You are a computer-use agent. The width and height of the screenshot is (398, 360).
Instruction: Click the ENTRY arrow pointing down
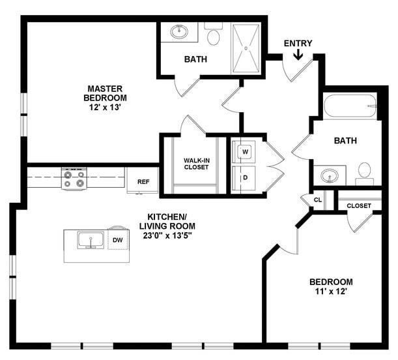pos(298,55)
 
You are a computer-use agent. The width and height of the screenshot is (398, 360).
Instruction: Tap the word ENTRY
pos(298,44)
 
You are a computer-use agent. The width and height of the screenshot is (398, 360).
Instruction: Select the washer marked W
pos(246,152)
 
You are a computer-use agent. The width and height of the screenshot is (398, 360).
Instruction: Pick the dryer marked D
pos(246,177)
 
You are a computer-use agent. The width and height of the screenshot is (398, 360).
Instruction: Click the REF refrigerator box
pos(142,181)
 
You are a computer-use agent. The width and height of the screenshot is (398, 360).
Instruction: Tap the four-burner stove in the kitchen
pos(74,178)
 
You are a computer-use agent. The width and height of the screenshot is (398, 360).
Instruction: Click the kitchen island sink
pos(90,240)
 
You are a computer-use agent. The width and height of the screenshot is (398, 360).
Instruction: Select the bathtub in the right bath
pos(350,106)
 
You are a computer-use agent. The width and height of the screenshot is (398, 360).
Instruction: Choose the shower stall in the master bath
pos(246,48)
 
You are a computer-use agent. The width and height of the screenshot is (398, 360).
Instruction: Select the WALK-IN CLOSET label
pos(196,163)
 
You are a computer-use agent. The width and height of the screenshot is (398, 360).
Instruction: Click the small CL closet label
pos(317,200)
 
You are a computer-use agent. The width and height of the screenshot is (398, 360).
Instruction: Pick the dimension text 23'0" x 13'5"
pos(167,235)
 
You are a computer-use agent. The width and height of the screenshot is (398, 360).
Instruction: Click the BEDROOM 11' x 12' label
pos(331,287)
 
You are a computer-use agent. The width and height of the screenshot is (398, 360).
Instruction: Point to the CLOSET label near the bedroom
pos(359,206)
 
